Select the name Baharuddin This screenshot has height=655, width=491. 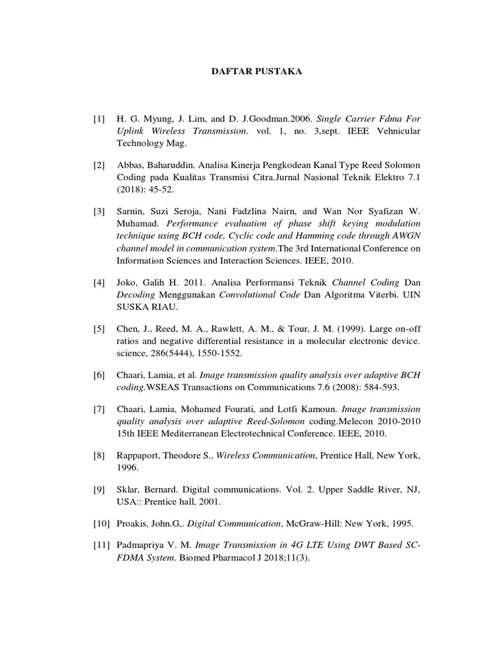click(169, 166)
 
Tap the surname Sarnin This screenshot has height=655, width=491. click(131, 212)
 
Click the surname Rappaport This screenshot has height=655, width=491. click(140, 455)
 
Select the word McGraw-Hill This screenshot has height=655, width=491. click(316, 523)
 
